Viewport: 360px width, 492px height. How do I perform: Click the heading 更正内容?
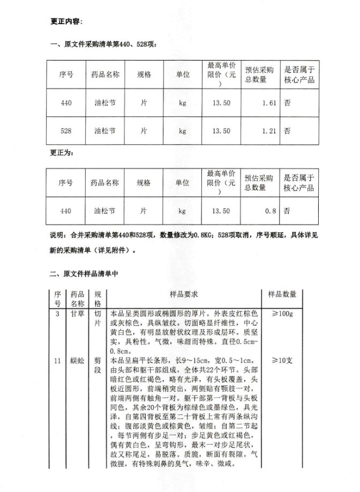[66, 21]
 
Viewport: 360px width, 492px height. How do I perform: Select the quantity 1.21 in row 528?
[269, 130]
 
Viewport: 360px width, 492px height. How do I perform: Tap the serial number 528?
[66, 130]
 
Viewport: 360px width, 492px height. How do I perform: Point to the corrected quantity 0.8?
[271, 211]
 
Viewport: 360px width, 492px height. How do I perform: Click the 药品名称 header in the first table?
[104, 76]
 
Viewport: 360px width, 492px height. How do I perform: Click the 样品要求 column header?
[184, 295]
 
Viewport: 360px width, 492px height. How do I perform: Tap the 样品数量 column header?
[282, 295]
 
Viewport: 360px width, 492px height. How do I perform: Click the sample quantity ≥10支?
[282, 360]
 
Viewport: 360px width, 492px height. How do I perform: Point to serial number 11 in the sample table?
[57, 360]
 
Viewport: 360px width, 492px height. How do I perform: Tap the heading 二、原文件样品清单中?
[84, 273]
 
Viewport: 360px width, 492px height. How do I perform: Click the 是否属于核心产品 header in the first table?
[299, 76]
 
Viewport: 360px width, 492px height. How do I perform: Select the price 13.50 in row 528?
[221, 130]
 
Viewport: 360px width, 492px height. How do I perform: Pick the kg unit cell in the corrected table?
[182, 211]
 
